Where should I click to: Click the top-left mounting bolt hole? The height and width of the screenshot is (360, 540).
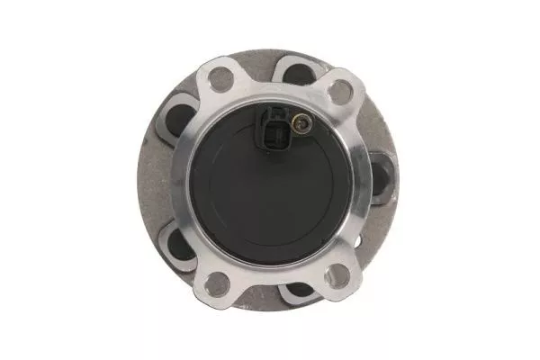point(220,79)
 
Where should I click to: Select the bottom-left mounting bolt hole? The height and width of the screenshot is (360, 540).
point(217,285)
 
